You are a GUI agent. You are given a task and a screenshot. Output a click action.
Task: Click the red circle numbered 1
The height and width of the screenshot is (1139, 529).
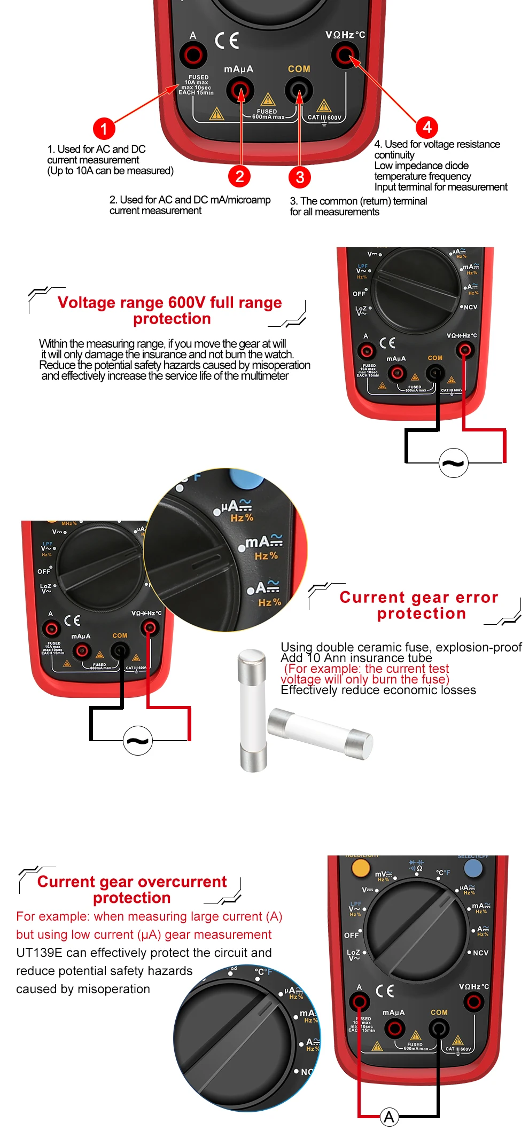[104, 128]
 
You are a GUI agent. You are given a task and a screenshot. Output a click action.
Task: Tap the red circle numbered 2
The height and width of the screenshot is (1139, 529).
[239, 176]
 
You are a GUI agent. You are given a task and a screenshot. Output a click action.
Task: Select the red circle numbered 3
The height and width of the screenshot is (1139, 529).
[300, 177]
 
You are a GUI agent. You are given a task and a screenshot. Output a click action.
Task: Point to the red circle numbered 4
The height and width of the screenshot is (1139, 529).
[427, 127]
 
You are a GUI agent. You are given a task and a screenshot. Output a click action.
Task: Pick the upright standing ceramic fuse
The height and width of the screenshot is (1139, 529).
[252, 710]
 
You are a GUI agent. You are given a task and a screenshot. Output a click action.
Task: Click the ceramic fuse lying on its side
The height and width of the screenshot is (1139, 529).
[320, 732]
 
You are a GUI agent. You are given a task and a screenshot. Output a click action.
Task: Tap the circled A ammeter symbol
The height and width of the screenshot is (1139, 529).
[390, 1117]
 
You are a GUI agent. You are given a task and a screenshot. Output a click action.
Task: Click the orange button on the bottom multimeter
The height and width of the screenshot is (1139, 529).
[361, 868]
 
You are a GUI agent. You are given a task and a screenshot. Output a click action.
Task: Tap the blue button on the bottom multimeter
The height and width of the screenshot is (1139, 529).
[473, 868]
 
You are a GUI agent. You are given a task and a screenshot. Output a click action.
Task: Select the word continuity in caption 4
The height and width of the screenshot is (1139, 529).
[394, 155]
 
